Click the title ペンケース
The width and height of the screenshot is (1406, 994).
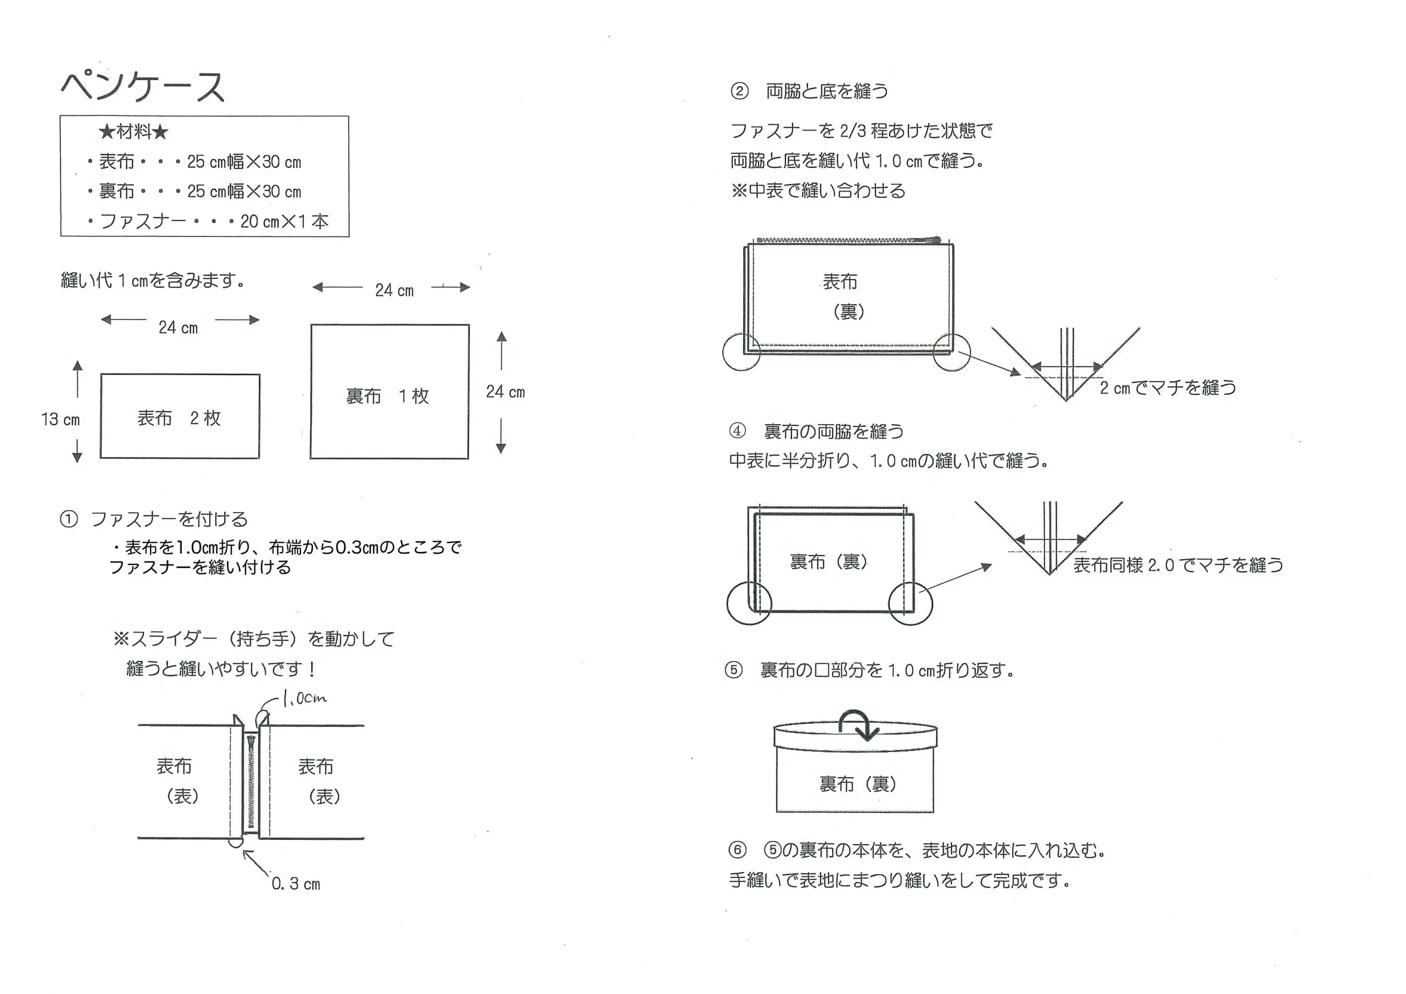coord(143,86)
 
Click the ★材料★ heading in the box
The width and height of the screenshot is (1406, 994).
coord(133,131)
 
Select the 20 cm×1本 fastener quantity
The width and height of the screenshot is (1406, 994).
coord(284,221)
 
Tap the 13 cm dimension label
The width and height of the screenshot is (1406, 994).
coord(60,419)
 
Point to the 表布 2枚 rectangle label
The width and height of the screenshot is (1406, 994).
coord(179,418)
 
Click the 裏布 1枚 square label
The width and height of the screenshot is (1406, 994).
coord(387,396)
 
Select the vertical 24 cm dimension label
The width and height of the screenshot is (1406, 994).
coord(505,392)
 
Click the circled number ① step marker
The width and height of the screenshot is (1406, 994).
coord(69,519)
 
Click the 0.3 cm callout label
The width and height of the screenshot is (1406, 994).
coord(296,884)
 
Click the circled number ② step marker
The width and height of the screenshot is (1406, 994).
coord(739,91)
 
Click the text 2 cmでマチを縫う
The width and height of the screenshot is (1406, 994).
coord(1168,388)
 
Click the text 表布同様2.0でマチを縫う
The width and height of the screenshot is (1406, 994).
coord(1178,564)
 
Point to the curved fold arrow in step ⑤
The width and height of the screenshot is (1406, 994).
coord(856,724)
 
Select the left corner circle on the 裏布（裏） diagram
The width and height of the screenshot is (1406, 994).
coord(749,602)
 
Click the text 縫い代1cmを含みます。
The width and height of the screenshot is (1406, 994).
coord(153,280)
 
